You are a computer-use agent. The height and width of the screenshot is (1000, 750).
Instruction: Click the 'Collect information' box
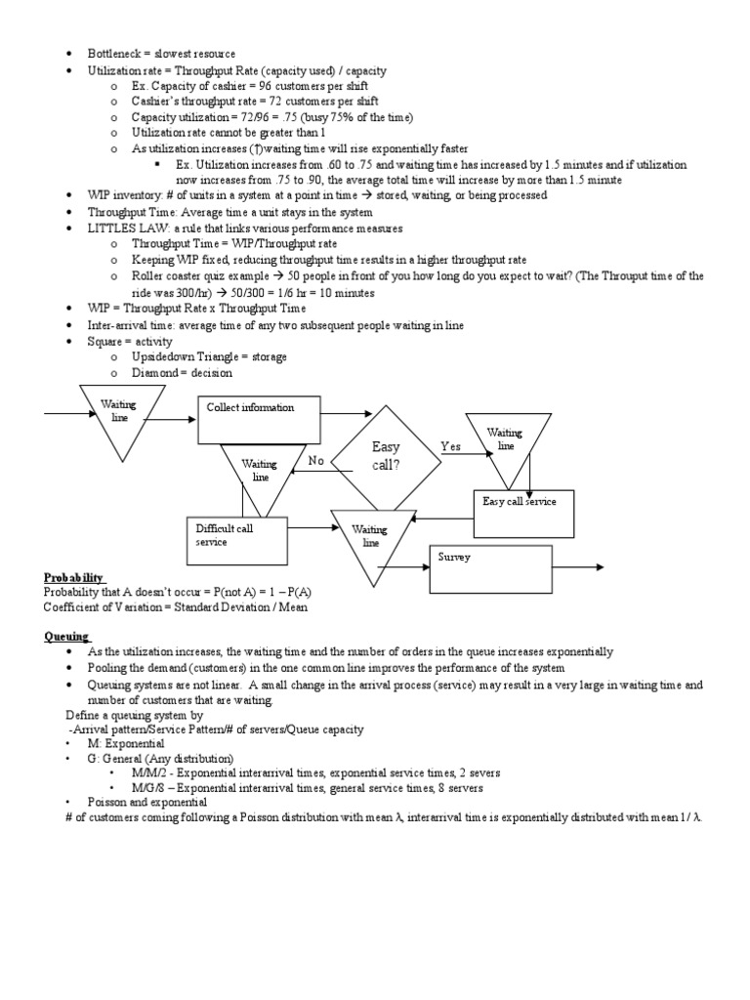[258, 420]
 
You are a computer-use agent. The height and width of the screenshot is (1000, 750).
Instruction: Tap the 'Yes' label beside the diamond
[450, 446]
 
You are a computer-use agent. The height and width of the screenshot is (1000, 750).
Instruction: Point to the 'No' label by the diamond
[315, 460]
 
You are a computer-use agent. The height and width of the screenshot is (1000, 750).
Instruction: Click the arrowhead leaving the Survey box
[597, 566]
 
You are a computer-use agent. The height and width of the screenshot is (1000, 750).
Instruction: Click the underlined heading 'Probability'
[73, 578]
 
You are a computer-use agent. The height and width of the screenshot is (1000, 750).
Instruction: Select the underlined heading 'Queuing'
[65, 636]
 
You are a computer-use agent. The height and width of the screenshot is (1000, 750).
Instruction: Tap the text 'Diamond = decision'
[182, 372]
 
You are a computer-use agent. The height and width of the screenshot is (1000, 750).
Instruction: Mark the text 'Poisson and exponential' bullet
[146, 801]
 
